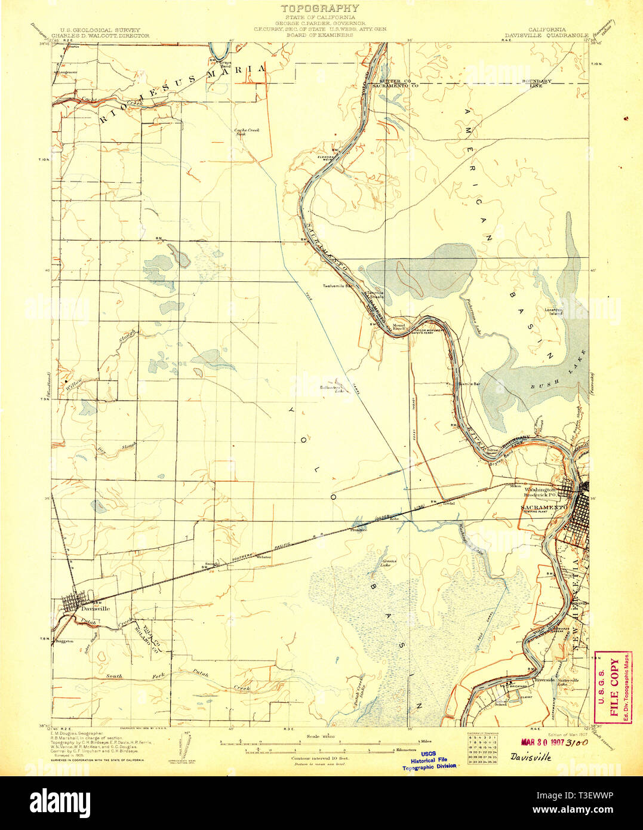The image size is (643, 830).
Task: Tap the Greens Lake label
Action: click(x=389, y=562)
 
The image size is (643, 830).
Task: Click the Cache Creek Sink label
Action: click(x=245, y=133)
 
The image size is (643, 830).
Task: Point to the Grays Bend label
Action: click(x=225, y=64)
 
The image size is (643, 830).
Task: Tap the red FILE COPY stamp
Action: click(x=614, y=687)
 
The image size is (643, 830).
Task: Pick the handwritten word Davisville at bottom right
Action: click(x=531, y=757)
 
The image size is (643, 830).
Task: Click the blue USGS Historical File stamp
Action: click(x=433, y=760)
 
